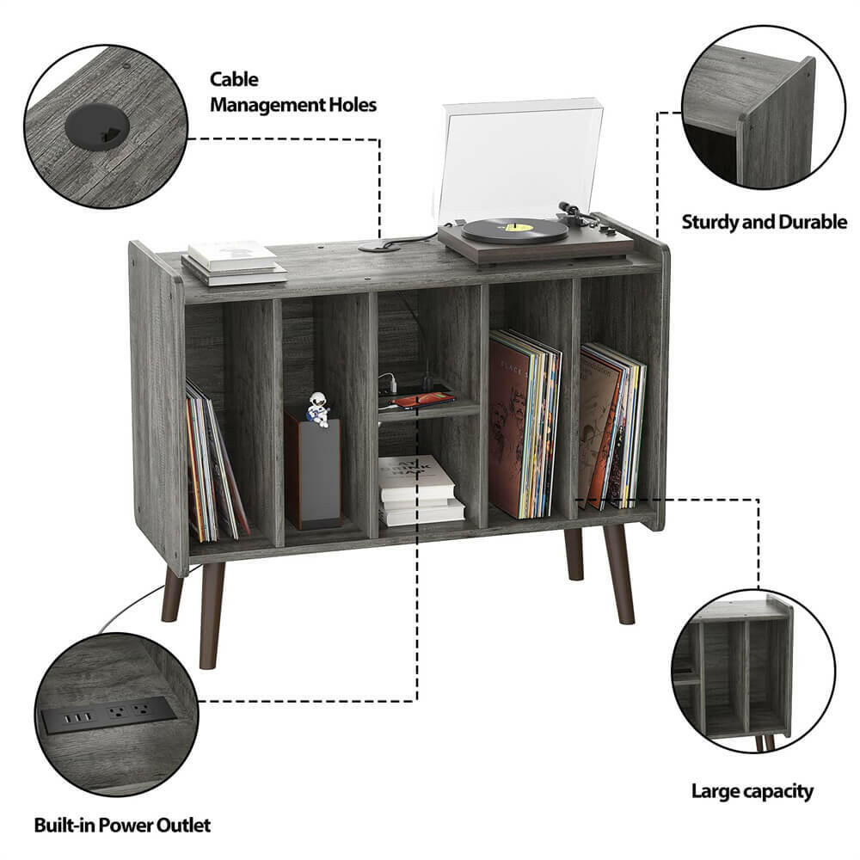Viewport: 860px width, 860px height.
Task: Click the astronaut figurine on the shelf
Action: point(317,409)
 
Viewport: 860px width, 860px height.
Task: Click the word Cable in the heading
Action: point(234,79)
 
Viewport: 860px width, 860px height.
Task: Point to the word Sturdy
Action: point(712,222)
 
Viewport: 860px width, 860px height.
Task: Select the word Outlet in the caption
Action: point(182,826)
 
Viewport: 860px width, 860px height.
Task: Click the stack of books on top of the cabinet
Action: point(233,261)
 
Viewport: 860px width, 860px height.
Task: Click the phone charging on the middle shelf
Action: point(423,400)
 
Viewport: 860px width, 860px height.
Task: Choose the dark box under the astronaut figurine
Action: point(313,473)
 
